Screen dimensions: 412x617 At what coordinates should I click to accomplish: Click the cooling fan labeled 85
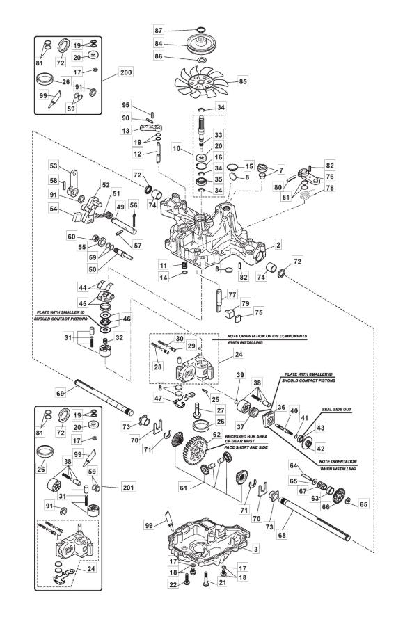pos(201,82)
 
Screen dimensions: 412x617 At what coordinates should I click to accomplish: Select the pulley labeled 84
pos(200,43)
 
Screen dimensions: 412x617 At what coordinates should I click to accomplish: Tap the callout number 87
pos(158,31)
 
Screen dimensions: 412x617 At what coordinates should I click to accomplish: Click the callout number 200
pos(126,72)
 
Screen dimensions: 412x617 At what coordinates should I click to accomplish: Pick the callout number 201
pos(128,487)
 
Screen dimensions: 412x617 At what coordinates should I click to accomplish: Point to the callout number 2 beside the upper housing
pos(278,245)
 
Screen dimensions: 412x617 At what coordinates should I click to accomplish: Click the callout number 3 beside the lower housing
pos(256,549)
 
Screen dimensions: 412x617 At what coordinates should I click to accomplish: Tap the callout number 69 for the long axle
pos(61,393)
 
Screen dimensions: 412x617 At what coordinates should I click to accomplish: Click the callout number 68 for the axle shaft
pos(282,535)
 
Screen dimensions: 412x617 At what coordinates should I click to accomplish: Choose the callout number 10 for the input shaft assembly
pos(177,148)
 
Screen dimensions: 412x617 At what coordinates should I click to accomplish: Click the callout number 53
pos(54,166)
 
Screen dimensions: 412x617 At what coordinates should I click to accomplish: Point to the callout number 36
pos(281,407)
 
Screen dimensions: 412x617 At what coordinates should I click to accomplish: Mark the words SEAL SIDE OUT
pos(336,410)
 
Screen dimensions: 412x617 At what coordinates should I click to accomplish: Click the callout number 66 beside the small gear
pos(326,507)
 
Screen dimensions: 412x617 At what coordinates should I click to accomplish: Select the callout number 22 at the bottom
pos(173,585)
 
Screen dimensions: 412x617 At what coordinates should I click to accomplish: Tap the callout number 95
pos(126,105)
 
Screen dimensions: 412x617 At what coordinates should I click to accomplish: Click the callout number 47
pos(158,398)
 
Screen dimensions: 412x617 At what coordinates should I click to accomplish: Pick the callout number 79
pos(245,303)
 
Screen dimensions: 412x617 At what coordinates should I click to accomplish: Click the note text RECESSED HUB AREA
pos(246,437)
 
